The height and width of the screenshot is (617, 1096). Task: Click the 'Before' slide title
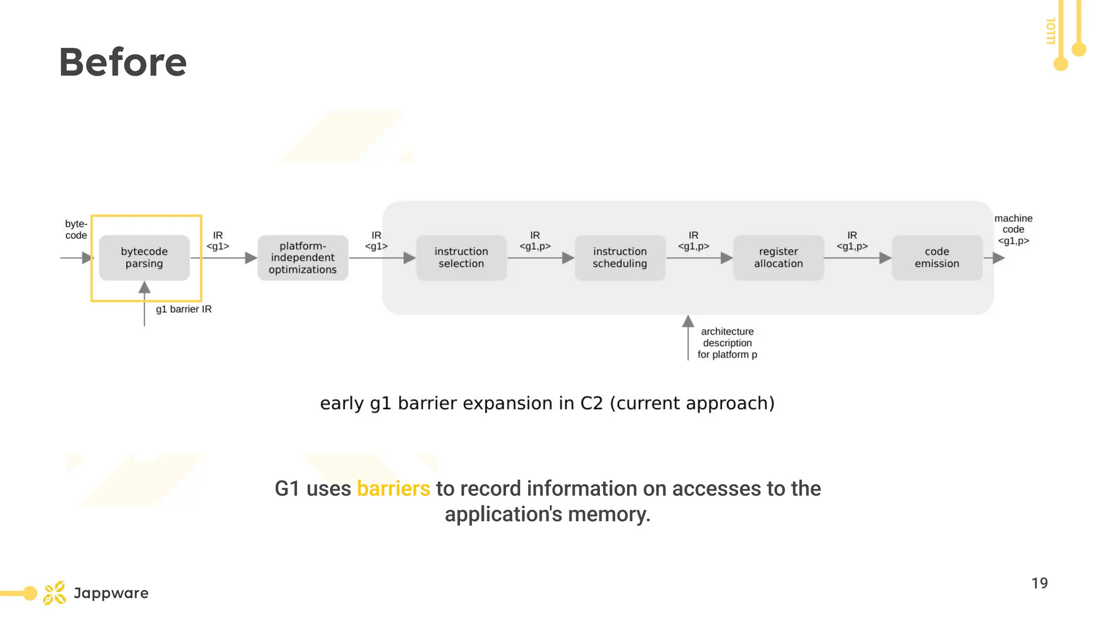tap(123, 62)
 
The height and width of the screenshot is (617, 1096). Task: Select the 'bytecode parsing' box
tap(144, 258)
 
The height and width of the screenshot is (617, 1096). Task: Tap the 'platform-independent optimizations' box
tap(302, 258)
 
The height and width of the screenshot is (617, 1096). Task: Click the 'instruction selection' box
tap(461, 258)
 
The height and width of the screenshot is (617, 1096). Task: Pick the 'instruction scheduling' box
tap(620, 258)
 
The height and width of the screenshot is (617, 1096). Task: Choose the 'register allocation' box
tap(778, 258)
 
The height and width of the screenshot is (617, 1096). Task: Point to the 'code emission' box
tap(937, 258)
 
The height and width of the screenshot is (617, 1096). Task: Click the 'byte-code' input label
tap(76, 229)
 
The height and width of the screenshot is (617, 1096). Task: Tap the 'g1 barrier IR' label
tap(184, 309)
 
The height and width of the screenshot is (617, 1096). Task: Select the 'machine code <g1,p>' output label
tap(1013, 229)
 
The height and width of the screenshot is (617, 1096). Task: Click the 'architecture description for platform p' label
tap(727, 343)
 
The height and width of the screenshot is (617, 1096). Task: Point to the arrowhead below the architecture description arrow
tap(688, 321)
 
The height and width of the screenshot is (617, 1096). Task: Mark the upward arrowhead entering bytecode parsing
tap(144, 288)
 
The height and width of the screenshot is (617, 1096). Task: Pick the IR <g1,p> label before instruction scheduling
tap(535, 240)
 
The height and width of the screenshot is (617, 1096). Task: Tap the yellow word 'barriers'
tap(393, 488)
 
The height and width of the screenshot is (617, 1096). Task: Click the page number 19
tap(1039, 583)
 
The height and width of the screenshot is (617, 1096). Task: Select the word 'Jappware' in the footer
tap(111, 593)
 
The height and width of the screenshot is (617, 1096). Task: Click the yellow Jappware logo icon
tap(55, 593)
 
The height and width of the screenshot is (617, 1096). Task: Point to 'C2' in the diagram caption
tap(591, 403)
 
